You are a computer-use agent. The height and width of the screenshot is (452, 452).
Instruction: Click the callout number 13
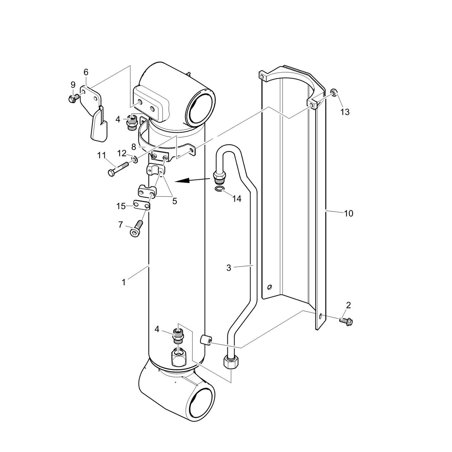pyautogui.click(x=345, y=112)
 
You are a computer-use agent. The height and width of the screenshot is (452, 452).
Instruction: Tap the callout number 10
pyautogui.click(x=349, y=213)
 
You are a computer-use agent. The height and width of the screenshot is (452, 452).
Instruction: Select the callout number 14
pyautogui.click(x=237, y=199)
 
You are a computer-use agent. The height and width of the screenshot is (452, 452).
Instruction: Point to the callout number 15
pyautogui.click(x=121, y=206)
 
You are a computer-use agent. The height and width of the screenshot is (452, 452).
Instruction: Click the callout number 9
pyautogui.click(x=73, y=85)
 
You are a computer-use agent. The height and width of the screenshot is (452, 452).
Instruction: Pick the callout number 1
pyautogui.click(x=124, y=282)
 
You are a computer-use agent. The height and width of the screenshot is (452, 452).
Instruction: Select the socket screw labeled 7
pyautogui.click(x=136, y=229)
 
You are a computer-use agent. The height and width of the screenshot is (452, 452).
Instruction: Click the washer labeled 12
pyautogui.click(x=135, y=159)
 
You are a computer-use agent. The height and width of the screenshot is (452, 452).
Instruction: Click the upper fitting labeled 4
pyautogui.click(x=132, y=122)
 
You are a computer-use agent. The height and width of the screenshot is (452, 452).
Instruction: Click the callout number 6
pyautogui.click(x=86, y=72)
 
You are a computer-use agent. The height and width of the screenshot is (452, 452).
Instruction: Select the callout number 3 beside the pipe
pyautogui.click(x=229, y=268)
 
